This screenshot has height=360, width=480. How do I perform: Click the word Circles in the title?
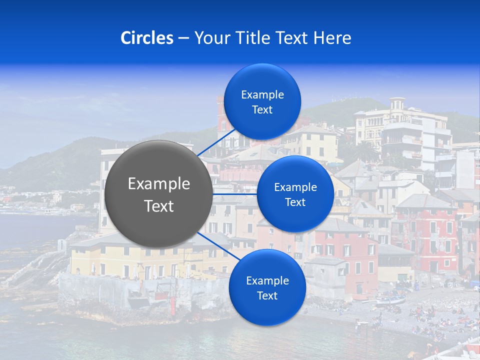pos(146,38)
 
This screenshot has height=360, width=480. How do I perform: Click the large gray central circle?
pos(158,194)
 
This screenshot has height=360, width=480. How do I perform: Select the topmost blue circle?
pos(262,102)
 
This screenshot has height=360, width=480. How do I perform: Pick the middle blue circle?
pos(295,194)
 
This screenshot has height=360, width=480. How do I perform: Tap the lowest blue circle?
pos(267,287)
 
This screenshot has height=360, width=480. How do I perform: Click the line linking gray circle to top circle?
pos(216,142)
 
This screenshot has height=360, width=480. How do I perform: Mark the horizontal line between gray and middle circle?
pos(234,194)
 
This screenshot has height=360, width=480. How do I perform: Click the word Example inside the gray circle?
pos(159,184)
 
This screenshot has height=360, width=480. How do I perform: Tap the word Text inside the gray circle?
pos(159,206)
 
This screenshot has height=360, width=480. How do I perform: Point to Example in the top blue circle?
pos(262,95)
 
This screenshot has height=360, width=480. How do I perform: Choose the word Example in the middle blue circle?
pos(295,187)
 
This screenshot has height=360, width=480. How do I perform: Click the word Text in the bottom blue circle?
pos(267,295)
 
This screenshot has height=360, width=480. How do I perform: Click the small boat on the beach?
pos(390,299)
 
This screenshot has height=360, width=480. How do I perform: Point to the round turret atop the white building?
pos(397,104)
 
